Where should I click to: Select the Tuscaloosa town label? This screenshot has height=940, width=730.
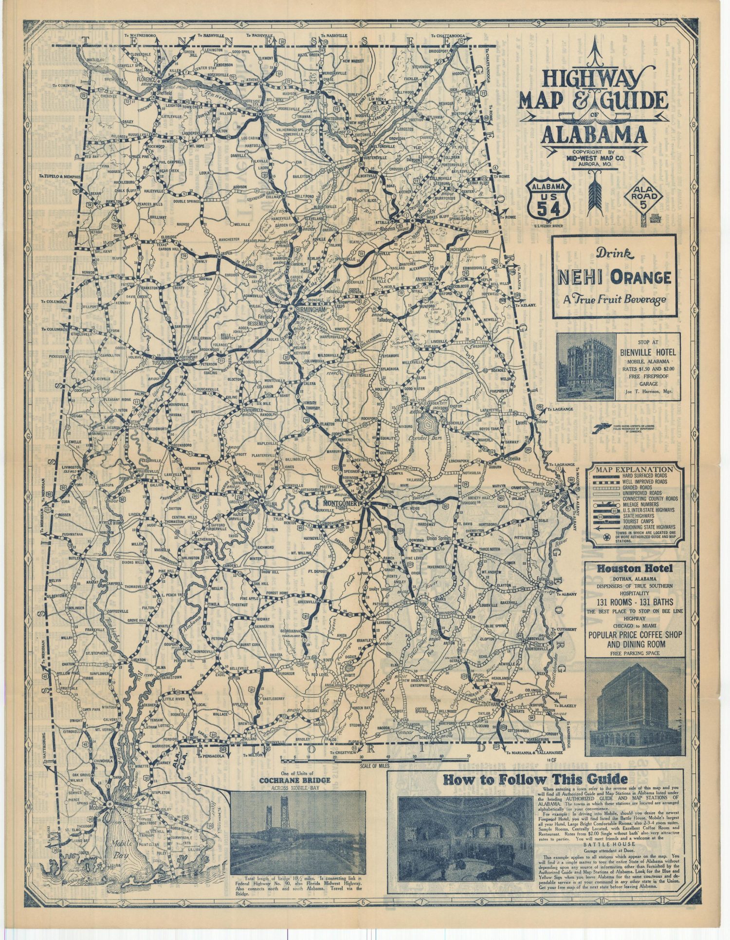(163, 363)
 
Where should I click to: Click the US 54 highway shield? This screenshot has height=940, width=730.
(548, 198)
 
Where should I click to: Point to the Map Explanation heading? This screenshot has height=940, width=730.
(636, 469)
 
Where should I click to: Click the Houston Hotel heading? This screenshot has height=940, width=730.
(635, 568)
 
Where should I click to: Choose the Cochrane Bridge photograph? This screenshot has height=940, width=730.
(297, 832)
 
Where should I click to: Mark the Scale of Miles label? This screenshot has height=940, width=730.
(377, 766)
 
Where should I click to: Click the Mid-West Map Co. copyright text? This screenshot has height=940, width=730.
(594, 157)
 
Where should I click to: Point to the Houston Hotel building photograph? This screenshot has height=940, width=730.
(635, 706)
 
